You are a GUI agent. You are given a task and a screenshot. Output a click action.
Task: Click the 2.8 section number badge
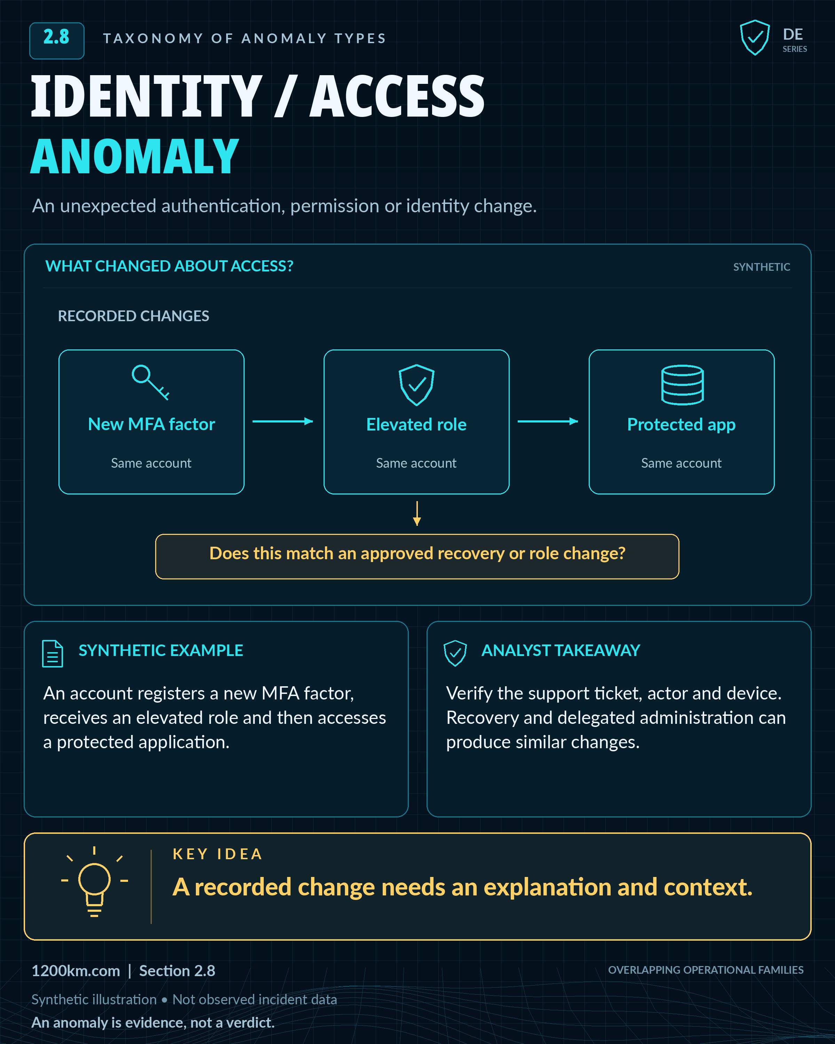pyautogui.click(x=57, y=41)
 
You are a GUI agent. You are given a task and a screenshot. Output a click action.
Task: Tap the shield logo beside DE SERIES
pyautogui.click(x=755, y=38)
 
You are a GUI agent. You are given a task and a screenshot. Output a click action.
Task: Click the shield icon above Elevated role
pyautogui.click(x=416, y=385)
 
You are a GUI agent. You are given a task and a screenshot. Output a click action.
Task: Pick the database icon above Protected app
pyautogui.click(x=682, y=385)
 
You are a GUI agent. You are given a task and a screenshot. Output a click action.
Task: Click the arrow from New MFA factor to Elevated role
pyautogui.click(x=283, y=421)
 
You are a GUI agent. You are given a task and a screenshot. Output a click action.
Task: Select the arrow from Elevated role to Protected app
pyautogui.click(x=548, y=421)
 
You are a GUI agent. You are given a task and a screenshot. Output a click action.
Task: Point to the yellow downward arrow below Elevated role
pyautogui.click(x=417, y=513)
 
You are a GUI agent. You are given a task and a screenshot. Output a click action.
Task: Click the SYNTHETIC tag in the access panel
pyautogui.click(x=762, y=267)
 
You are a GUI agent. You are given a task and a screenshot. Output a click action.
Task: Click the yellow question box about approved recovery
pyautogui.click(x=417, y=556)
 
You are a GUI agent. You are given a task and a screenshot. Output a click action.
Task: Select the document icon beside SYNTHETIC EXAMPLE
pyautogui.click(x=52, y=653)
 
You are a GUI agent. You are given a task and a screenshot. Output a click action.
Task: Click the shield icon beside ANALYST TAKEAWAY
pyautogui.click(x=455, y=653)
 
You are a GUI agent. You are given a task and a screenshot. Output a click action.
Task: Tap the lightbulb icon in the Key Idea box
pyautogui.click(x=94, y=881)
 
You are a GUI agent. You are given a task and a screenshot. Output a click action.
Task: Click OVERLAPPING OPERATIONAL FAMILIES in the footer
pyautogui.click(x=706, y=970)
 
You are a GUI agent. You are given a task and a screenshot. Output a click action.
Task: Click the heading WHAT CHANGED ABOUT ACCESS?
pyautogui.click(x=169, y=266)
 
